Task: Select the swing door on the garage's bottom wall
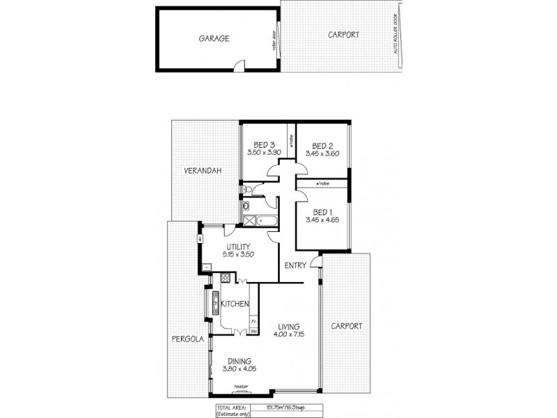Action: pos(240,66)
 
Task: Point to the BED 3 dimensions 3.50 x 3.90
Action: pos(263,152)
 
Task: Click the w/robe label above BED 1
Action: pos(322,183)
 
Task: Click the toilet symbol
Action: pos(249,189)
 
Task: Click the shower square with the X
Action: pos(248,220)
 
